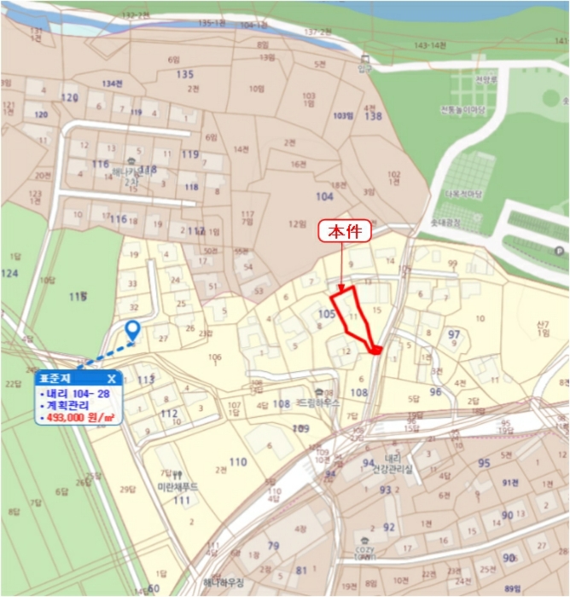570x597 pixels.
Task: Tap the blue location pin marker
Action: tap(132, 331)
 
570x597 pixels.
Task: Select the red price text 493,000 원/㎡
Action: tap(78, 417)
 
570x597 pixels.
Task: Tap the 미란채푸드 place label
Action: tap(177, 486)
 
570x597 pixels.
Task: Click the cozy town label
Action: tap(366, 553)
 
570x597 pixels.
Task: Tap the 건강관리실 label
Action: tap(395, 469)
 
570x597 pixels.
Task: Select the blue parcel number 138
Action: tap(373, 116)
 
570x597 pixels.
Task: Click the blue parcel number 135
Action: tap(185, 75)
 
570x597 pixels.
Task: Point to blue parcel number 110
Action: tap(237, 462)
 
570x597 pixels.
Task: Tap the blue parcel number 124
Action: tap(9, 273)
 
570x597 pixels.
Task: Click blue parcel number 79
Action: tap(273, 546)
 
